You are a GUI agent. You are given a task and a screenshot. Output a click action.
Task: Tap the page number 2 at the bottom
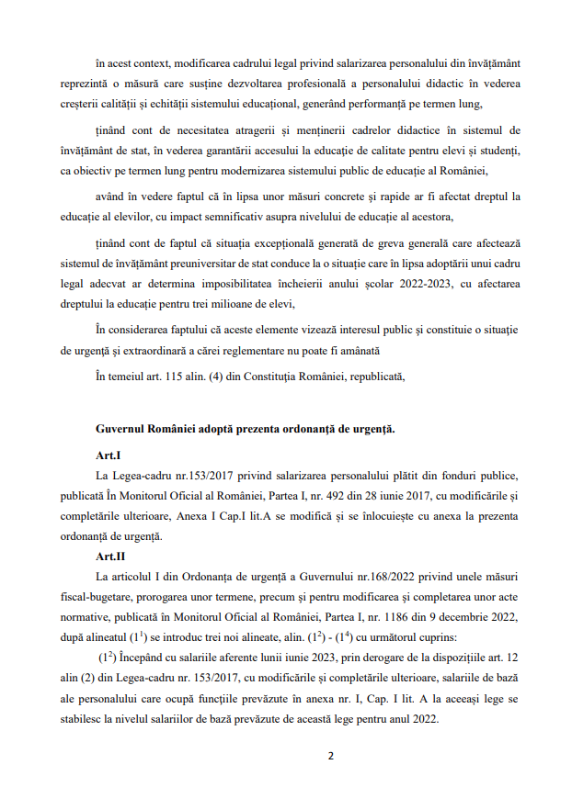[331, 756]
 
